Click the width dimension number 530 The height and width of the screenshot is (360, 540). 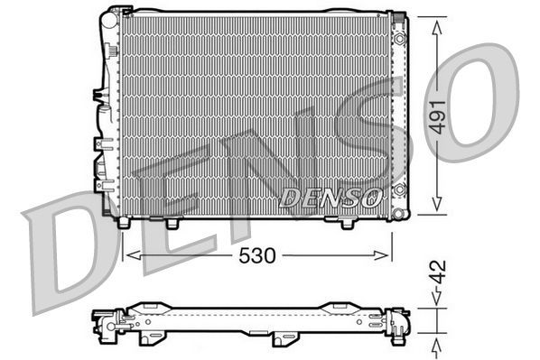click(x=257, y=255)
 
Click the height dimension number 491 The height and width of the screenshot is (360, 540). click(x=438, y=116)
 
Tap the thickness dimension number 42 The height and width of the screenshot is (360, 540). click(x=438, y=271)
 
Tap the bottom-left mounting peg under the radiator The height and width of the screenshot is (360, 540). click(x=123, y=221)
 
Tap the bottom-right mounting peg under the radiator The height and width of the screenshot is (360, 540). click(x=347, y=222)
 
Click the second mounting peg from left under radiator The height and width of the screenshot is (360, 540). click(x=172, y=222)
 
